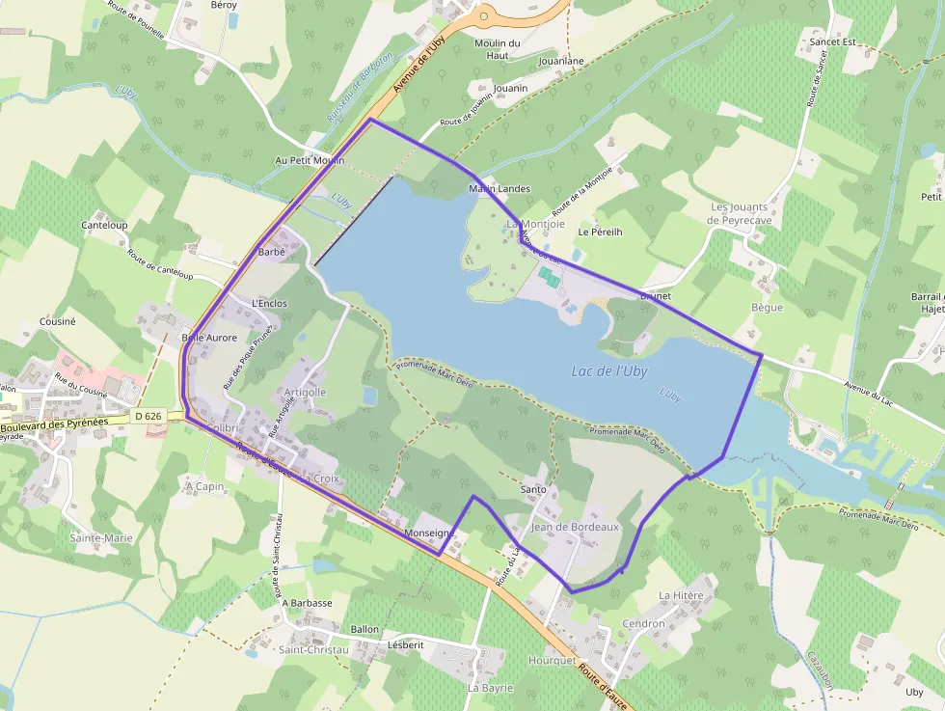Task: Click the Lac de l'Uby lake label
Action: (x=609, y=370)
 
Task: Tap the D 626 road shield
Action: (x=148, y=416)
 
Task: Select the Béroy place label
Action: (x=224, y=5)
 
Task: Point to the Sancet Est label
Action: (x=833, y=42)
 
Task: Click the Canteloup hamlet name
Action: (x=105, y=226)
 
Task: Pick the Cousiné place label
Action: (x=57, y=321)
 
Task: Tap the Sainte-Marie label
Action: (x=101, y=537)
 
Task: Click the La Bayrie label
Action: (x=490, y=688)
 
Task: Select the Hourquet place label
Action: (x=552, y=660)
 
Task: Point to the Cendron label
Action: (x=643, y=623)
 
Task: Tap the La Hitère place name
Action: (x=681, y=596)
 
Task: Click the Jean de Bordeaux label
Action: (x=575, y=527)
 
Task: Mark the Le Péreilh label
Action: (x=600, y=232)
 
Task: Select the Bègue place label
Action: (x=767, y=308)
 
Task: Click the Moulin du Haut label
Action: (x=498, y=49)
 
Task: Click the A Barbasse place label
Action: (x=308, y=603)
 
